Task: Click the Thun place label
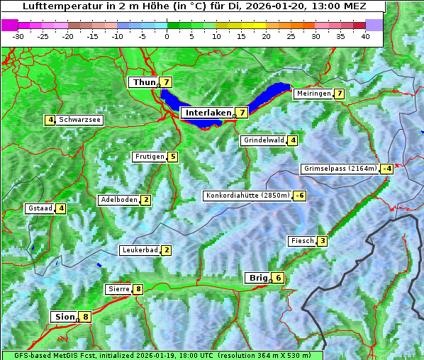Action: (x=144, y=83)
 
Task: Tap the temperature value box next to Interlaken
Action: (x=242, y=113)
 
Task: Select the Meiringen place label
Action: (x=313, y=94)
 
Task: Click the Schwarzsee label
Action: (x=80, y=120)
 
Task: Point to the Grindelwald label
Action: (x=263, y=140)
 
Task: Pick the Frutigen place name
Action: (x=149, y=157)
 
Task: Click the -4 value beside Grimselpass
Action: (x=386, y=169)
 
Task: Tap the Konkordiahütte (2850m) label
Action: (x=247, y=196)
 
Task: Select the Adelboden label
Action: (x=118, y=200)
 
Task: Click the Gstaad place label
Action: (x=39, y=208)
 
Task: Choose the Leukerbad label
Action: (x=139, y=250)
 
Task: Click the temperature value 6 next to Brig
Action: (x=279, y=278)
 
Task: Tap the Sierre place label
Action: (x=118, y=289)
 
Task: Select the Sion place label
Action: (x=63, y=317)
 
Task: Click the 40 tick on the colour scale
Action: (x=365, y=36)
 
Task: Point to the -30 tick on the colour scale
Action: (x=18, y=36)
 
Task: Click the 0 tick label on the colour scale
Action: (x=167, y=36)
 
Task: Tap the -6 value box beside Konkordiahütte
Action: (x=300, y=196)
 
